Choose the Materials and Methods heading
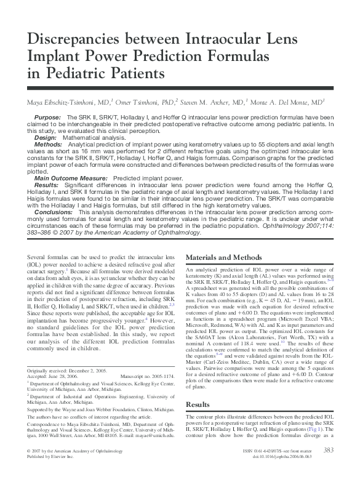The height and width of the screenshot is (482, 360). click(223, 257)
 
